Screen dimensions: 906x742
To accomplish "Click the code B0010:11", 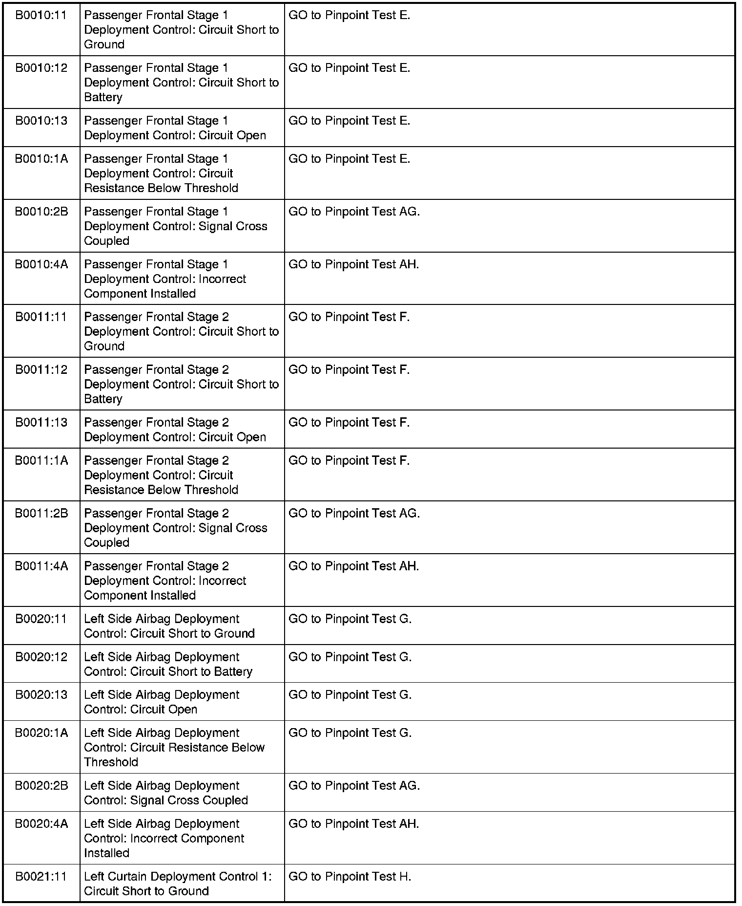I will [x=41, y=16].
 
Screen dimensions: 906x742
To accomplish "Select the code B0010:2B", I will [x=41, y=212].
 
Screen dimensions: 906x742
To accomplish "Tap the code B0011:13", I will [x=41, y=423].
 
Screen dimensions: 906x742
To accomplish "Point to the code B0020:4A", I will [x=41, y=824].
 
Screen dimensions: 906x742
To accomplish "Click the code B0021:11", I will [x=41, y=877].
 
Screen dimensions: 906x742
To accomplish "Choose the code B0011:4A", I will [x=41, y=566].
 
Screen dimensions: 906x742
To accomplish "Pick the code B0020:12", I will [x=41, y=657].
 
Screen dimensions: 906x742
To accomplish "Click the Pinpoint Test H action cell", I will [x=350, y=877].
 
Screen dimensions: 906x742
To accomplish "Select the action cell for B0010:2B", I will [x=354, y=212].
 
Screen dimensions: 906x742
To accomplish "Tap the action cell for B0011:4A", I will [x=354, y=566].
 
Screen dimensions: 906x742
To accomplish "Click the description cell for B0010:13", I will [x=175, y=128].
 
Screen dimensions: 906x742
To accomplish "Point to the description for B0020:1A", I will [x=174, y=747].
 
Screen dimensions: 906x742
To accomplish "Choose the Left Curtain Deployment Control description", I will [x=178, y=884].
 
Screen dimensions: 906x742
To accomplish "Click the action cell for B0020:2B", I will [x=354, y=786].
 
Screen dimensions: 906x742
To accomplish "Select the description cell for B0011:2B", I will [x=176, y=528].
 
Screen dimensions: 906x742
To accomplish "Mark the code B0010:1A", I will [x=41, y=159].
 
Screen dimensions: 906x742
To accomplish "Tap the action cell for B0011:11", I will [x=349, y=318].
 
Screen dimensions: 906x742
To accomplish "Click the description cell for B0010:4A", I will [x=165, y=279].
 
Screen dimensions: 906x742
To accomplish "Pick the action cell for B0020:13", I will [x=350, y=695].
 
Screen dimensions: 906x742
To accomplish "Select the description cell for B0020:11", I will [x=169, y=626].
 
